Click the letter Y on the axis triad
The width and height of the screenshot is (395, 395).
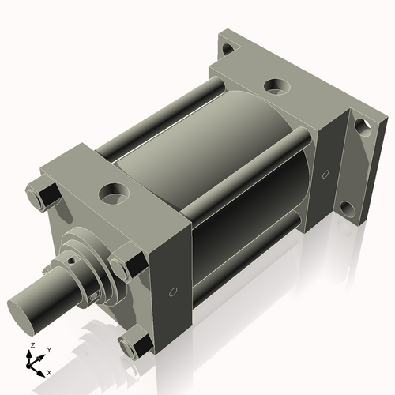pos(48,348)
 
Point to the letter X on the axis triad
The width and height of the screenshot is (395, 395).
pos(49,371)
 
